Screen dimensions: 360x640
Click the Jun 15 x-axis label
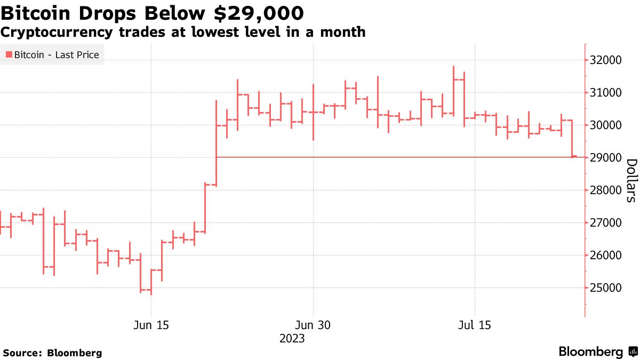click(151, 325)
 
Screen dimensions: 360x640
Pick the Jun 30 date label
click(314, 325)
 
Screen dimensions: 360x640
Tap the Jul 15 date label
click(474, 325)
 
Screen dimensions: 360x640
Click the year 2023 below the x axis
click(292, 338)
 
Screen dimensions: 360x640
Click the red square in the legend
click(9, 54)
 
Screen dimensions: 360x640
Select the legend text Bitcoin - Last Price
click(57, 54)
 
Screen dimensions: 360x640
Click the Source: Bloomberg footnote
click(52, 353)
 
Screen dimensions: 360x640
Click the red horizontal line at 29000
click(373, 157)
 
